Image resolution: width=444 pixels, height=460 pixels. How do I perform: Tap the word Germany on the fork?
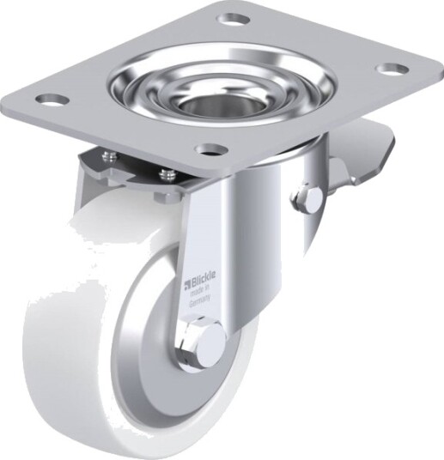(200, 302)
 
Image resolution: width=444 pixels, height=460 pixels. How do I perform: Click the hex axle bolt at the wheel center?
(200, 340)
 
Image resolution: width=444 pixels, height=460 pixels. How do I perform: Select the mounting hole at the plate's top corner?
(233, 20)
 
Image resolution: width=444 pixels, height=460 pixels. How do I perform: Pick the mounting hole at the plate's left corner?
(53, 99)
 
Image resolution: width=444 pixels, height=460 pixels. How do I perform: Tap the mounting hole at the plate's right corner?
(393, 69)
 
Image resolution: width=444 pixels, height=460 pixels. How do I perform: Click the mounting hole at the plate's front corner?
(212, 149)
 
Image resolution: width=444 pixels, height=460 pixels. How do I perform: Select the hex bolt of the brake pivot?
(306, 199)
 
